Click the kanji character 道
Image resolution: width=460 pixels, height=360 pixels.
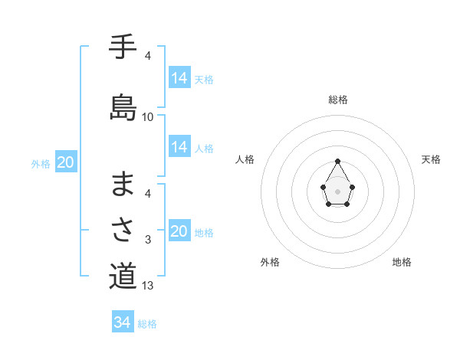(x=123, y=276)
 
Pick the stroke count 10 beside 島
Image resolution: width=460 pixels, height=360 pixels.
(x=148, y=117)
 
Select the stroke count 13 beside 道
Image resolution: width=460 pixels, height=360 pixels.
(x=148, y=286)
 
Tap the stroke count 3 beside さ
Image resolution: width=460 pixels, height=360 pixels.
(x=148, y=241)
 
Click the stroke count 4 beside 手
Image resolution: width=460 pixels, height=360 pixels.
(x=148, y=55)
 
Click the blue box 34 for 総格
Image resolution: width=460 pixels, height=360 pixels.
(x=123, y=322)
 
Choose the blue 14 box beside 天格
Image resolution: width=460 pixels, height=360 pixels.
(x=179, y=78)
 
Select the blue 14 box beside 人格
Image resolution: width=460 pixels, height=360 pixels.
(x=179, y=147)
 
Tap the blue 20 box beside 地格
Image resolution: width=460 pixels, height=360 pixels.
(x=179, y=231)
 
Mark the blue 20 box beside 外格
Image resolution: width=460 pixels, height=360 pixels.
(x=66, y=162)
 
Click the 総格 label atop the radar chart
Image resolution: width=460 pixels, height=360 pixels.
(x=338, y=100)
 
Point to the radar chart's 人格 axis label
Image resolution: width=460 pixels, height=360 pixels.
(x=245, y=159)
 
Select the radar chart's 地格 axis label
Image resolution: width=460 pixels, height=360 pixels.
(x=402, y=262)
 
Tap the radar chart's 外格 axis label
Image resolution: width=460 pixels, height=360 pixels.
(x=270, y=262)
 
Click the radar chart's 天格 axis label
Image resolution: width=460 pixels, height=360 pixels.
(x=432, y=159)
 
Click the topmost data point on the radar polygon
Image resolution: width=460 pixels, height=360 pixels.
(x=338, y=161)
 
